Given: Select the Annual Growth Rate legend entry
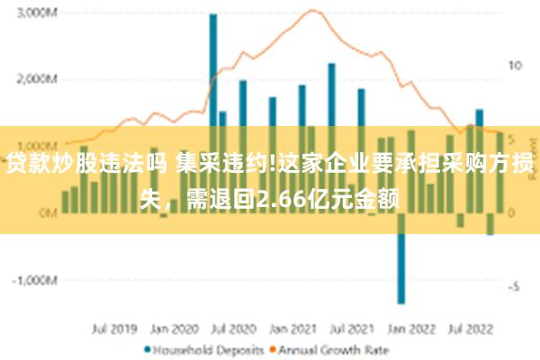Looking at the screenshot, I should click(321, 348).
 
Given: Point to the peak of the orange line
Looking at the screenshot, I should click(311, 11).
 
